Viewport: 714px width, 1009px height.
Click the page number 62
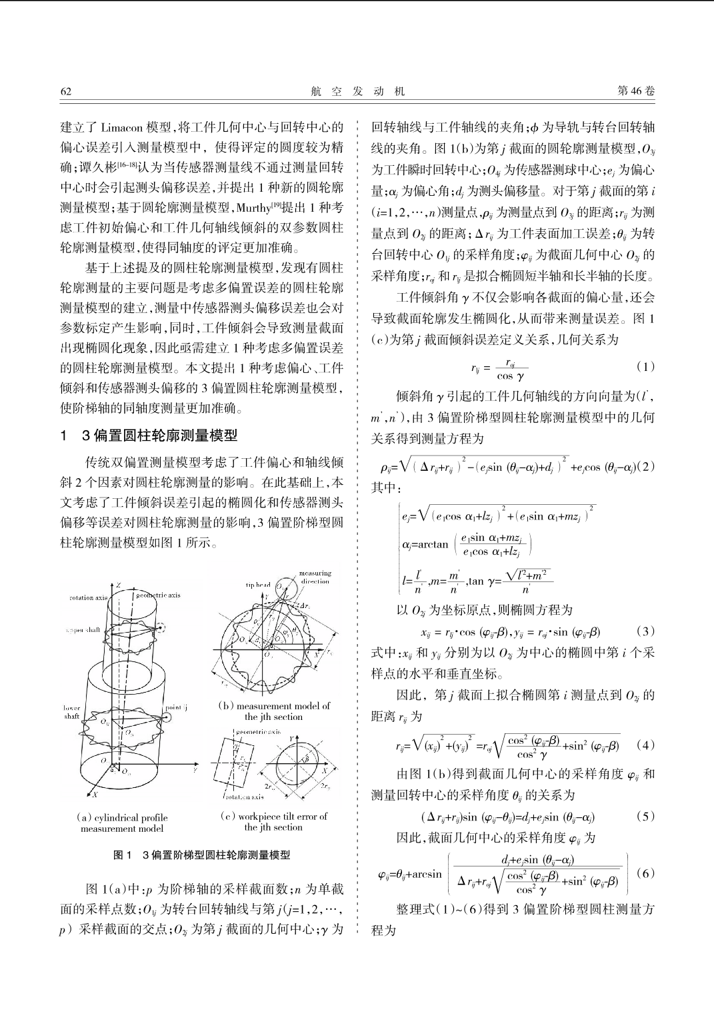click(x=65, y=91)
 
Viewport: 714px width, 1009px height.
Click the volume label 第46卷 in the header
click(x=636, y=91)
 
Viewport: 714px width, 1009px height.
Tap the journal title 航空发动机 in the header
click(x=357, y=92)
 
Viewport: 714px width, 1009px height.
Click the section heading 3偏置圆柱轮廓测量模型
click(x=159, y=436)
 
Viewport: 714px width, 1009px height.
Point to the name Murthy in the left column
click(x=253, y=207)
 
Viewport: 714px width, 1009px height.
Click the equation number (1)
click(x=645, y=366)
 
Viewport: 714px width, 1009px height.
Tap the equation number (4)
click(x=645, y=744)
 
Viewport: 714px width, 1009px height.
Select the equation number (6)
click(x=645, y=872)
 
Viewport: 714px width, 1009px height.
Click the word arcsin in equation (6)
click(x=427, y=874)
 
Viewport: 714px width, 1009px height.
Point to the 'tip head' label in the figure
click(x=258, y=585)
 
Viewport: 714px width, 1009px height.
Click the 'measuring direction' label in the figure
click(x=315, y=577)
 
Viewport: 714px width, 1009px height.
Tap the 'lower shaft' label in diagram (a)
click(x=71, y=712)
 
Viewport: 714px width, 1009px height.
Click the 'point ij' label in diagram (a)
click(x=176, y=707)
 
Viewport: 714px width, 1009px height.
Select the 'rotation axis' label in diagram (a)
click(x=88, y=597)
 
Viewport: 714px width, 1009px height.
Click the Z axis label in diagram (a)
click(x=118, y=585)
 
